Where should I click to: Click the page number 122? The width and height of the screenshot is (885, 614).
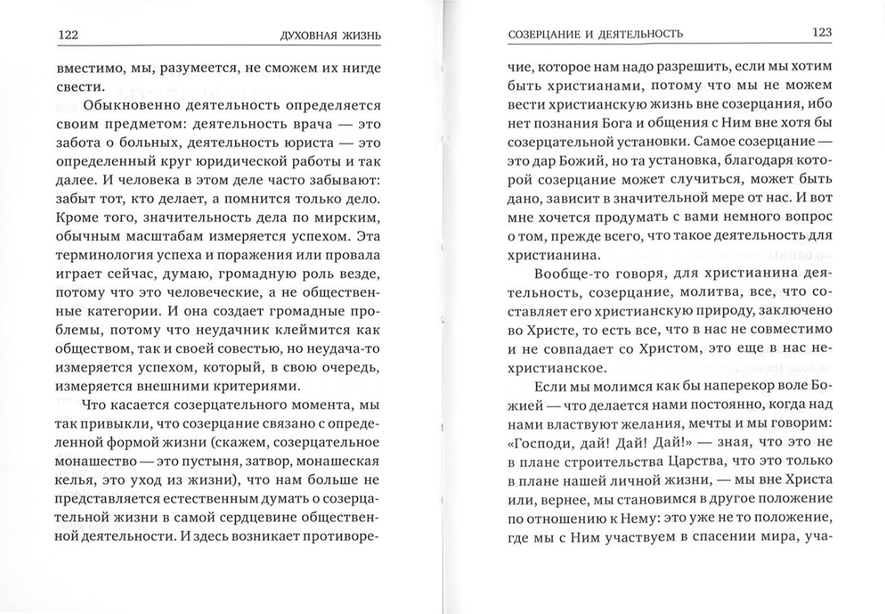[x=68, y=34]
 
